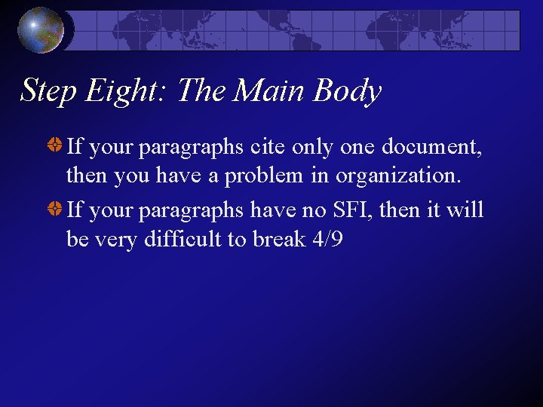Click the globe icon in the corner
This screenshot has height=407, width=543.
[41, 29]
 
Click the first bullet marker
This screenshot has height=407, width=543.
[56, 146]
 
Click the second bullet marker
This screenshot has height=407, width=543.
[56, 209]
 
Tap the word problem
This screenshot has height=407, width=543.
[281, 176]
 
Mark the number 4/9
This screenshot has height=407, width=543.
[327, 240]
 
